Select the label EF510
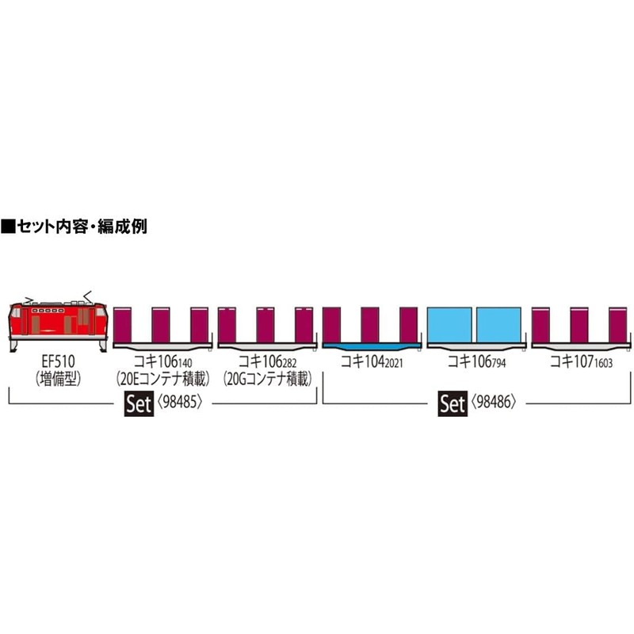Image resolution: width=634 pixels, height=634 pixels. coord(58,363)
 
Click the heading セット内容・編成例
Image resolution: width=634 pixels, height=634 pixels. coord(75,226)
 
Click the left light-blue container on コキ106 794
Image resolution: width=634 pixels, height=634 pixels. coord(450,325)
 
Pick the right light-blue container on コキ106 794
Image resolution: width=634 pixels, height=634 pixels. coord(499,325)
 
